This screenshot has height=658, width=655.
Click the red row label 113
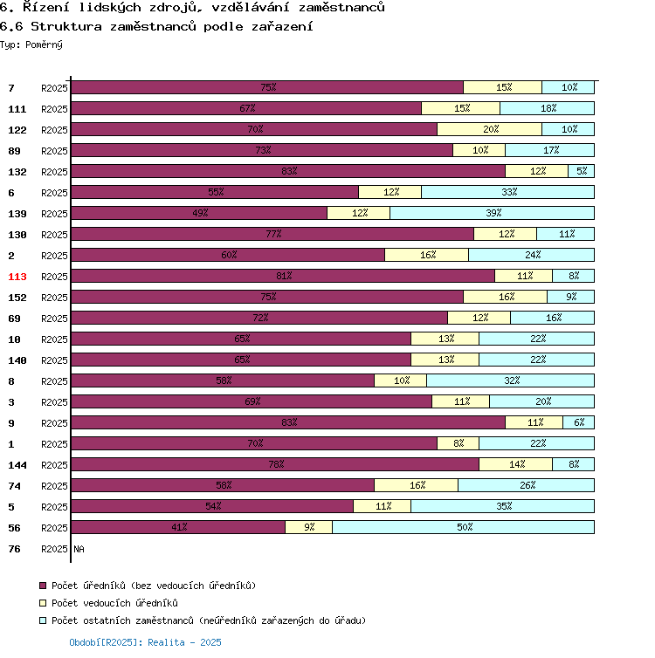coord(17,277)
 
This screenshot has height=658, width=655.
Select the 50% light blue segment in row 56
coord(463,527)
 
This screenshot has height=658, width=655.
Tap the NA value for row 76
coord(79,549)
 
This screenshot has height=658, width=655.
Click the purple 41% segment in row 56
coord(178,527)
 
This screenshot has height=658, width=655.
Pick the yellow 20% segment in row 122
coord(489,129)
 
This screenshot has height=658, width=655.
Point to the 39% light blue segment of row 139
coord(492,213)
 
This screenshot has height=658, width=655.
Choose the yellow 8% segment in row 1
coord(458,443)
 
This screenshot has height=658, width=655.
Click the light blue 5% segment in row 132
coord(581,171)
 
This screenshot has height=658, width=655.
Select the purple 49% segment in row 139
coord(199,213)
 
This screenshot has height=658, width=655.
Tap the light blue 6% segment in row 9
coord(578,422)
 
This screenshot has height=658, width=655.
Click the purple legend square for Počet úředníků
coord(43,586)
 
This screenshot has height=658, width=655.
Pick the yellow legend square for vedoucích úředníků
coord(43,603)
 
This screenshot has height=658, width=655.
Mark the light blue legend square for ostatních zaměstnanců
coord(43,620)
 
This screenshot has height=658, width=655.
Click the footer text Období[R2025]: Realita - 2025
coord(145,642)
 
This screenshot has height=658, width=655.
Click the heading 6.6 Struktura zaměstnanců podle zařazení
coord(157,26)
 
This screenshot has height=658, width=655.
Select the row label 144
coord(17,465)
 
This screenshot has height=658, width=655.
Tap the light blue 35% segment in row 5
coord(502,506)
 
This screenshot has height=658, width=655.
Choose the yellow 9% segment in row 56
coord(309,527)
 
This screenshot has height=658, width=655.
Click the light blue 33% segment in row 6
coord(507,192)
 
